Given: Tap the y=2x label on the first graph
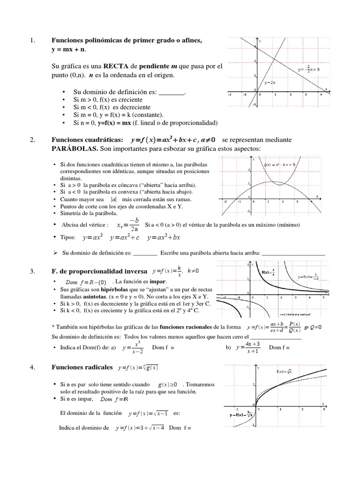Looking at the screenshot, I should click(x=270, y=82).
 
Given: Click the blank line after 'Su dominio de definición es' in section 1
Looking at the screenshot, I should click(x=172, y=92).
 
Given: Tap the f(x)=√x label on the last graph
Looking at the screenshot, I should click(x=284, y=372).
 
